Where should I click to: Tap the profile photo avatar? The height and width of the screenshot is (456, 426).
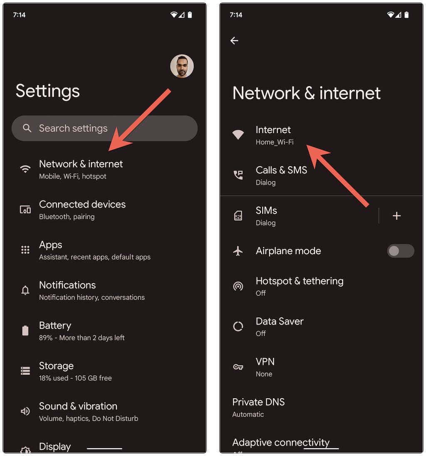point(182,66)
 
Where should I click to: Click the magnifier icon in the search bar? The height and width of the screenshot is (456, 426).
point(27,128)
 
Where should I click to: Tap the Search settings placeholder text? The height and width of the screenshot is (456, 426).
point(73,128)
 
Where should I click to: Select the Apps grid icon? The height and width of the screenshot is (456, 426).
point(25,250)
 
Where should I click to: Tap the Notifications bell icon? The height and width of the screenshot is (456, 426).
point(25,290)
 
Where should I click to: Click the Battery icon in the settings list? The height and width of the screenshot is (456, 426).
point(25,331)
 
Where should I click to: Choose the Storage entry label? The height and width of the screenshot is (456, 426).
point(56,366)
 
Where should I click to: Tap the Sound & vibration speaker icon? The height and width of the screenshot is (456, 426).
point(25,411)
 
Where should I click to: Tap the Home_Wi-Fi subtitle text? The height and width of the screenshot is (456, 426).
point(275,142)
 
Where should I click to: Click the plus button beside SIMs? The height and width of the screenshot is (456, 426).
point(396,216)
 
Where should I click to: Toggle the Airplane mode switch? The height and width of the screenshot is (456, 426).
point(400,251)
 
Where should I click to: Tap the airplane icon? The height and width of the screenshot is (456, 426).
point(238,251)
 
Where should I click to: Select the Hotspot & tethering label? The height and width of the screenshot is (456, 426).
point(300,281)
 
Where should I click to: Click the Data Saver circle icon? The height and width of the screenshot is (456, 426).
point(238,327)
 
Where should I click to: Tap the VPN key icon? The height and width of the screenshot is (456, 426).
point(238,367)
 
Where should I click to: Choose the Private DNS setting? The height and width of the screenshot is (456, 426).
point(258,402)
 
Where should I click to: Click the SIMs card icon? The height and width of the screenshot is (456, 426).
point(238,216)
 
